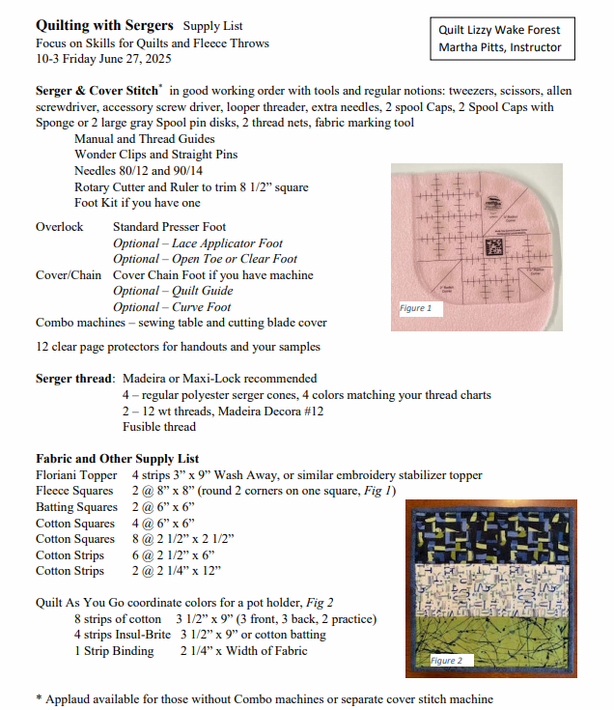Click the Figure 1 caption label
coord(415,308)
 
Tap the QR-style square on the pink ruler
coord(495,245)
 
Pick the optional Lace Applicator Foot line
coord(198,243)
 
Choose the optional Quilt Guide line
coord(173,291)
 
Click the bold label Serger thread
coord(75,379)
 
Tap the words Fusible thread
coord(159,426)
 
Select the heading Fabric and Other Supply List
coord(117,459)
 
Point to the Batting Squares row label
coord(76,507)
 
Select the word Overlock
coord(60,227)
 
